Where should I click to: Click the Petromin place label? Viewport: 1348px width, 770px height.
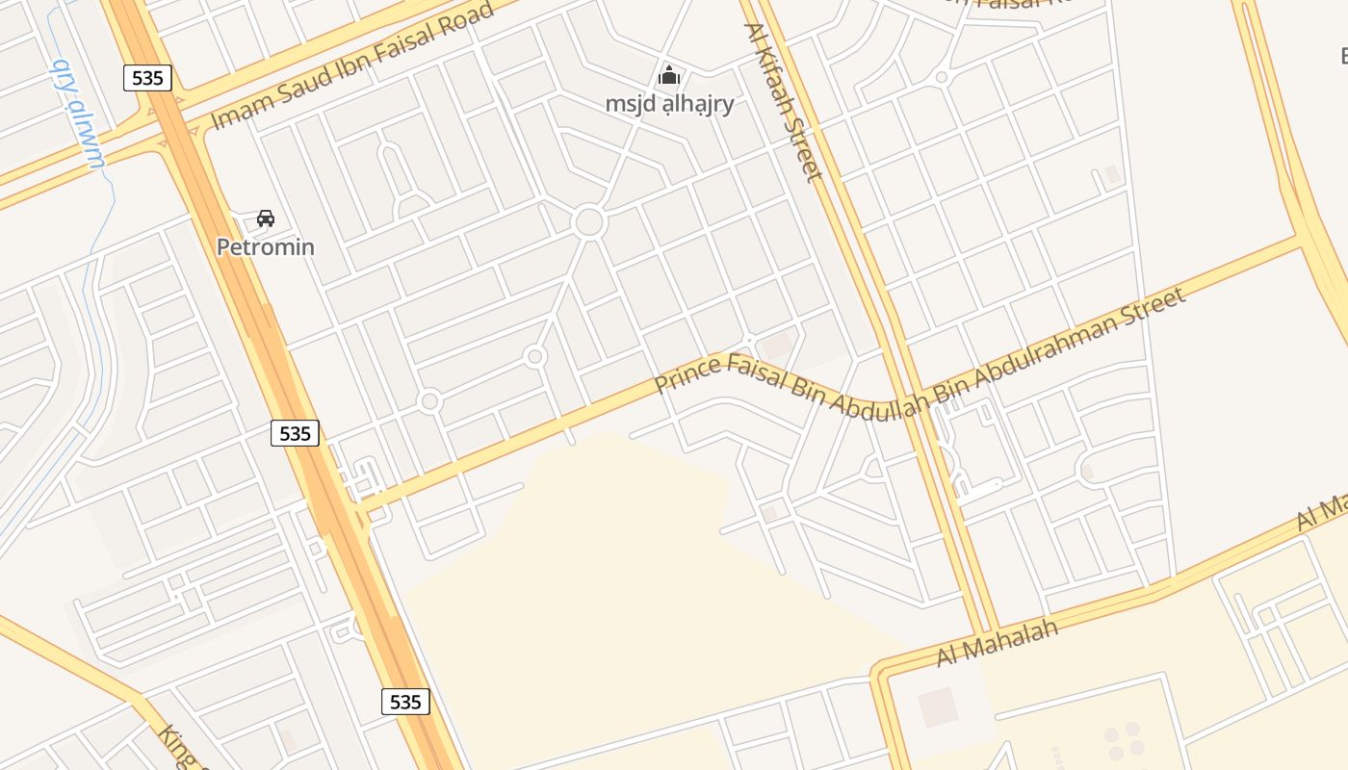[265, 246]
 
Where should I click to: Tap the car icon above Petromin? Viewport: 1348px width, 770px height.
[266, 218]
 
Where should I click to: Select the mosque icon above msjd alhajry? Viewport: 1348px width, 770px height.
[669, 75]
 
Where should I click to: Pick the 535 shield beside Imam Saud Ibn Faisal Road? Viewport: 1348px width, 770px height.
[147, 78]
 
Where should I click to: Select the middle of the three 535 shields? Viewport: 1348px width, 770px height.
[295, 433]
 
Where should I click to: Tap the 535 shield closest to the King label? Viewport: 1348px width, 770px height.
[405, 702]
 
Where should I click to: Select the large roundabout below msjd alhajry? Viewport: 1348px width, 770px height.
[588, 222]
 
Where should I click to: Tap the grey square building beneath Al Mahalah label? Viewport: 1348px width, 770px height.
[937, 706]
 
